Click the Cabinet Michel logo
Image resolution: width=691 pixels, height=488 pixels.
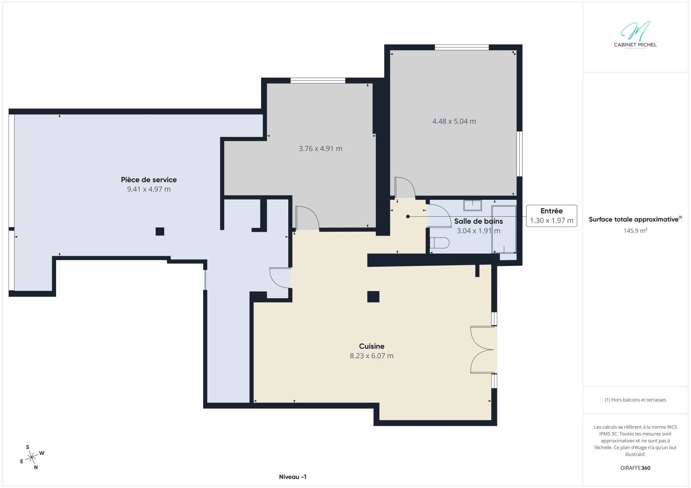coord(635,34)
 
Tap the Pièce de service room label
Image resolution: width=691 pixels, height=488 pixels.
coord(149,180)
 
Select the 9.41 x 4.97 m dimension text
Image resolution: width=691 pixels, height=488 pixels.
coord(149,189)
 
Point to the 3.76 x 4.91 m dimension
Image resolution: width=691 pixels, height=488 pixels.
coord(320,148)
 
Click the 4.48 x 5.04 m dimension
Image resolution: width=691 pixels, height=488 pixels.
coord(454,121)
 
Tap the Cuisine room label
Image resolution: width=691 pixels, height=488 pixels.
coord(372,346)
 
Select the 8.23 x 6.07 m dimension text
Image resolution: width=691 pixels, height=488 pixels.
coord(371,356)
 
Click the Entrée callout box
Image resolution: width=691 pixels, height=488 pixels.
coord(551,216)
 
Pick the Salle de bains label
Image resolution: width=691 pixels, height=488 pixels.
coord(478,221)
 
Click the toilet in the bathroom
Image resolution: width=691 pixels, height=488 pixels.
coord(440,243)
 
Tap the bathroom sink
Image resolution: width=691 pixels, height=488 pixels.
coord(472,205)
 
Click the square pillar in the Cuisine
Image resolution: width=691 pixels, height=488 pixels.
coord(373,296)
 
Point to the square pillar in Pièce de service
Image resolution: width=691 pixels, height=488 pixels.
coord(160,231)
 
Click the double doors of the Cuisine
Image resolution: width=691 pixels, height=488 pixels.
coord(482,349)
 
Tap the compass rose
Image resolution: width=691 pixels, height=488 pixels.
coord(32,457)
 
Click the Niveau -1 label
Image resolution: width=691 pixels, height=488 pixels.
coord(293,477)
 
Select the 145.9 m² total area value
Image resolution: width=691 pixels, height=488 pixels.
coord(635,231)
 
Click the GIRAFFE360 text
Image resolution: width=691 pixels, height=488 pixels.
coord(635,468)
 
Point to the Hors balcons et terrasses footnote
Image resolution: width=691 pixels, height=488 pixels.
coord(635,400)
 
